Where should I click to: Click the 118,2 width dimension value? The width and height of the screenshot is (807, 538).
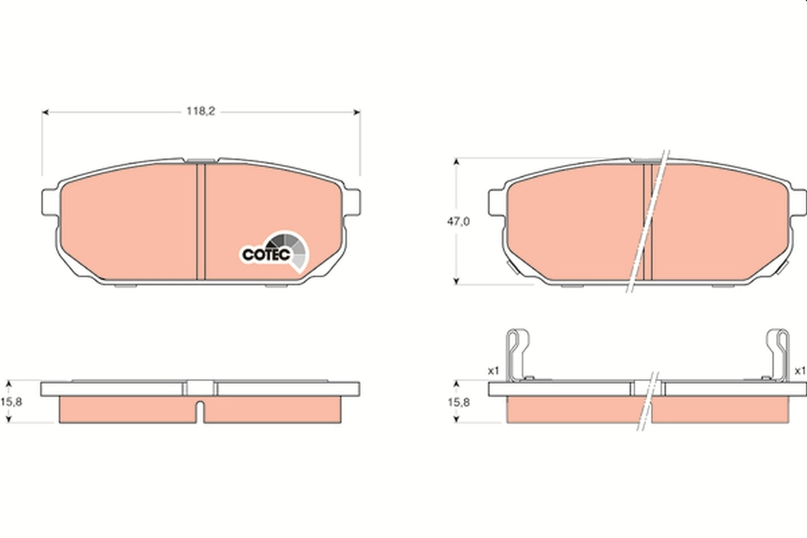pos(200,112)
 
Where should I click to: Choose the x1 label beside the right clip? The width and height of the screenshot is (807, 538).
pos(800,371)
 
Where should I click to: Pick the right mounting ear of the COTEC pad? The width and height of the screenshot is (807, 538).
pos(354,201)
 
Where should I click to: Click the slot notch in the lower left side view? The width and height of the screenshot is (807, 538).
pos(200,412)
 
